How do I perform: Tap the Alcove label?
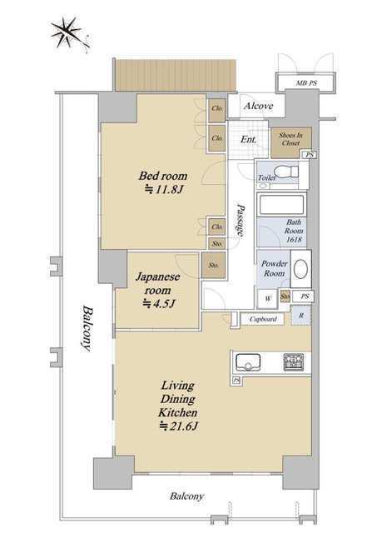pyautogui.click(x=259, y=106)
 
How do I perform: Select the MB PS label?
pyautogui.click(x=307, y=82)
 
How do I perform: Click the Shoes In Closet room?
pyautogui.click(x=291, y=142)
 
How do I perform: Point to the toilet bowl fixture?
pyautogui.click(x=285, y=171)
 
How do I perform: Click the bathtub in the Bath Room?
pyautogui.click(x=281, y=205)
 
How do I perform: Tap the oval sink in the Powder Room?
pyautogui.click(x=300, y=270)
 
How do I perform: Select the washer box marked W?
pyautogui.click(x=268, y=298)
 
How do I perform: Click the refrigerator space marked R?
pyautogui.click(x=301, y=316)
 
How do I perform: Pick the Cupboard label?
pyautogui.click(x=263, y=319)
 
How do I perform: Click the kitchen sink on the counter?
pyautogui.click(x=248, y=362)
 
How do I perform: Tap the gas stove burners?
pyautogui.click(x=294, y=362)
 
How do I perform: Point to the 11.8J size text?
pyautogui.click(x=164, y=189)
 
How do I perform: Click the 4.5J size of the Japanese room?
pyautogui.click(x=159, y=303)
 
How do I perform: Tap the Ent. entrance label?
pyautogui.click(x=249, y=139)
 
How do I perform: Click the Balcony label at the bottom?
pyautogui.click(x=186, y=496)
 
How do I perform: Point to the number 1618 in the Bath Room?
pyautogui.click(x=294, y=239)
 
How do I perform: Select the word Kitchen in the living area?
pyautogui.click(x=177, y=413)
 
